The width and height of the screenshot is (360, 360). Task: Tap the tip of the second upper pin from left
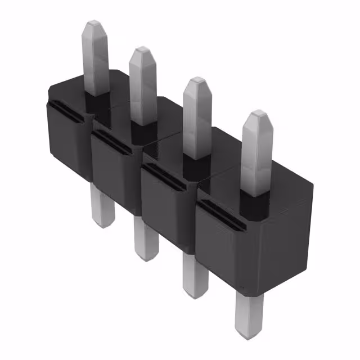tap(142, 52)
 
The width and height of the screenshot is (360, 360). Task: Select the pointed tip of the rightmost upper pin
tap(258, 116)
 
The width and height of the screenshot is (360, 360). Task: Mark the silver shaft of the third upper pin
tap(199, 121)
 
